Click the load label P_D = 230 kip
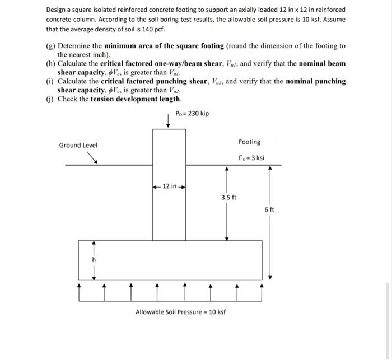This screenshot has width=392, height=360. tap(192, 114)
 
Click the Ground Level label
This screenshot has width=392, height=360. tap(78, 146)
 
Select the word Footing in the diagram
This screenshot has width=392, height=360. tap(249, 142)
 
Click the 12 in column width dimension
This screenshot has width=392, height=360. tap(169, 186)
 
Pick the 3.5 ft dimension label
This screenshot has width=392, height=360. tap(228, 197)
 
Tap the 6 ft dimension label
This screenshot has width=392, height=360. tap(269, 209)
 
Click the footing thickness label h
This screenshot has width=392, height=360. tap(94, 260)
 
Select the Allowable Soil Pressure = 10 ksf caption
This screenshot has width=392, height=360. tap(180, 312)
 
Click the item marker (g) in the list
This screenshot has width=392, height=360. tap(50, 46)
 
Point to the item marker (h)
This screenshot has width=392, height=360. tap(50, 64)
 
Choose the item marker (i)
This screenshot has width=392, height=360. tap(50, 81)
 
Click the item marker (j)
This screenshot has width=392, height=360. tap(50, 99)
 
